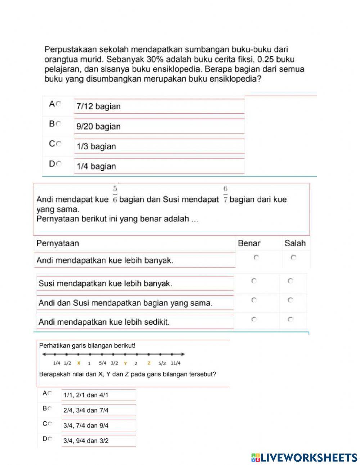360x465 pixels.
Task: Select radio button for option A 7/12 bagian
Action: click(59, 104)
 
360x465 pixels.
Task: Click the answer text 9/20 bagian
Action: click(98, 126)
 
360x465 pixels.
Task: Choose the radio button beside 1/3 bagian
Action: click(59, 144)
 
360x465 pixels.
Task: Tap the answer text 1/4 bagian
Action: click(96, 166)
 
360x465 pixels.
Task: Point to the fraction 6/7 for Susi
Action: click(225, 195)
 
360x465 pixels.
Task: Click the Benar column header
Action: click(249, 243)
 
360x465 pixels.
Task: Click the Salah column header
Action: click(295, 243)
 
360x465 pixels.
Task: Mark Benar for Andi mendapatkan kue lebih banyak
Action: click(256, 258)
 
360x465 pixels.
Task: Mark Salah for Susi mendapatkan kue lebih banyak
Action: click(291, 281)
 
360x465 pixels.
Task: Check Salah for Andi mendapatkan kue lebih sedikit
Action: click(291, 319)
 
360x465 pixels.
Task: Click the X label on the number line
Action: click(78, 363)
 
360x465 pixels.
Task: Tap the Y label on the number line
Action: click(125, 363)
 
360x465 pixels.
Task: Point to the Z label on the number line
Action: click(149, 363)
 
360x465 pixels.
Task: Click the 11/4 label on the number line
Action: click(176, 363)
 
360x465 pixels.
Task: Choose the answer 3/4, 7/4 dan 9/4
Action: click(86, 425)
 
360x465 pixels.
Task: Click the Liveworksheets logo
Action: click(304, 457)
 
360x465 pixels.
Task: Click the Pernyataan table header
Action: click(58, 243)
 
